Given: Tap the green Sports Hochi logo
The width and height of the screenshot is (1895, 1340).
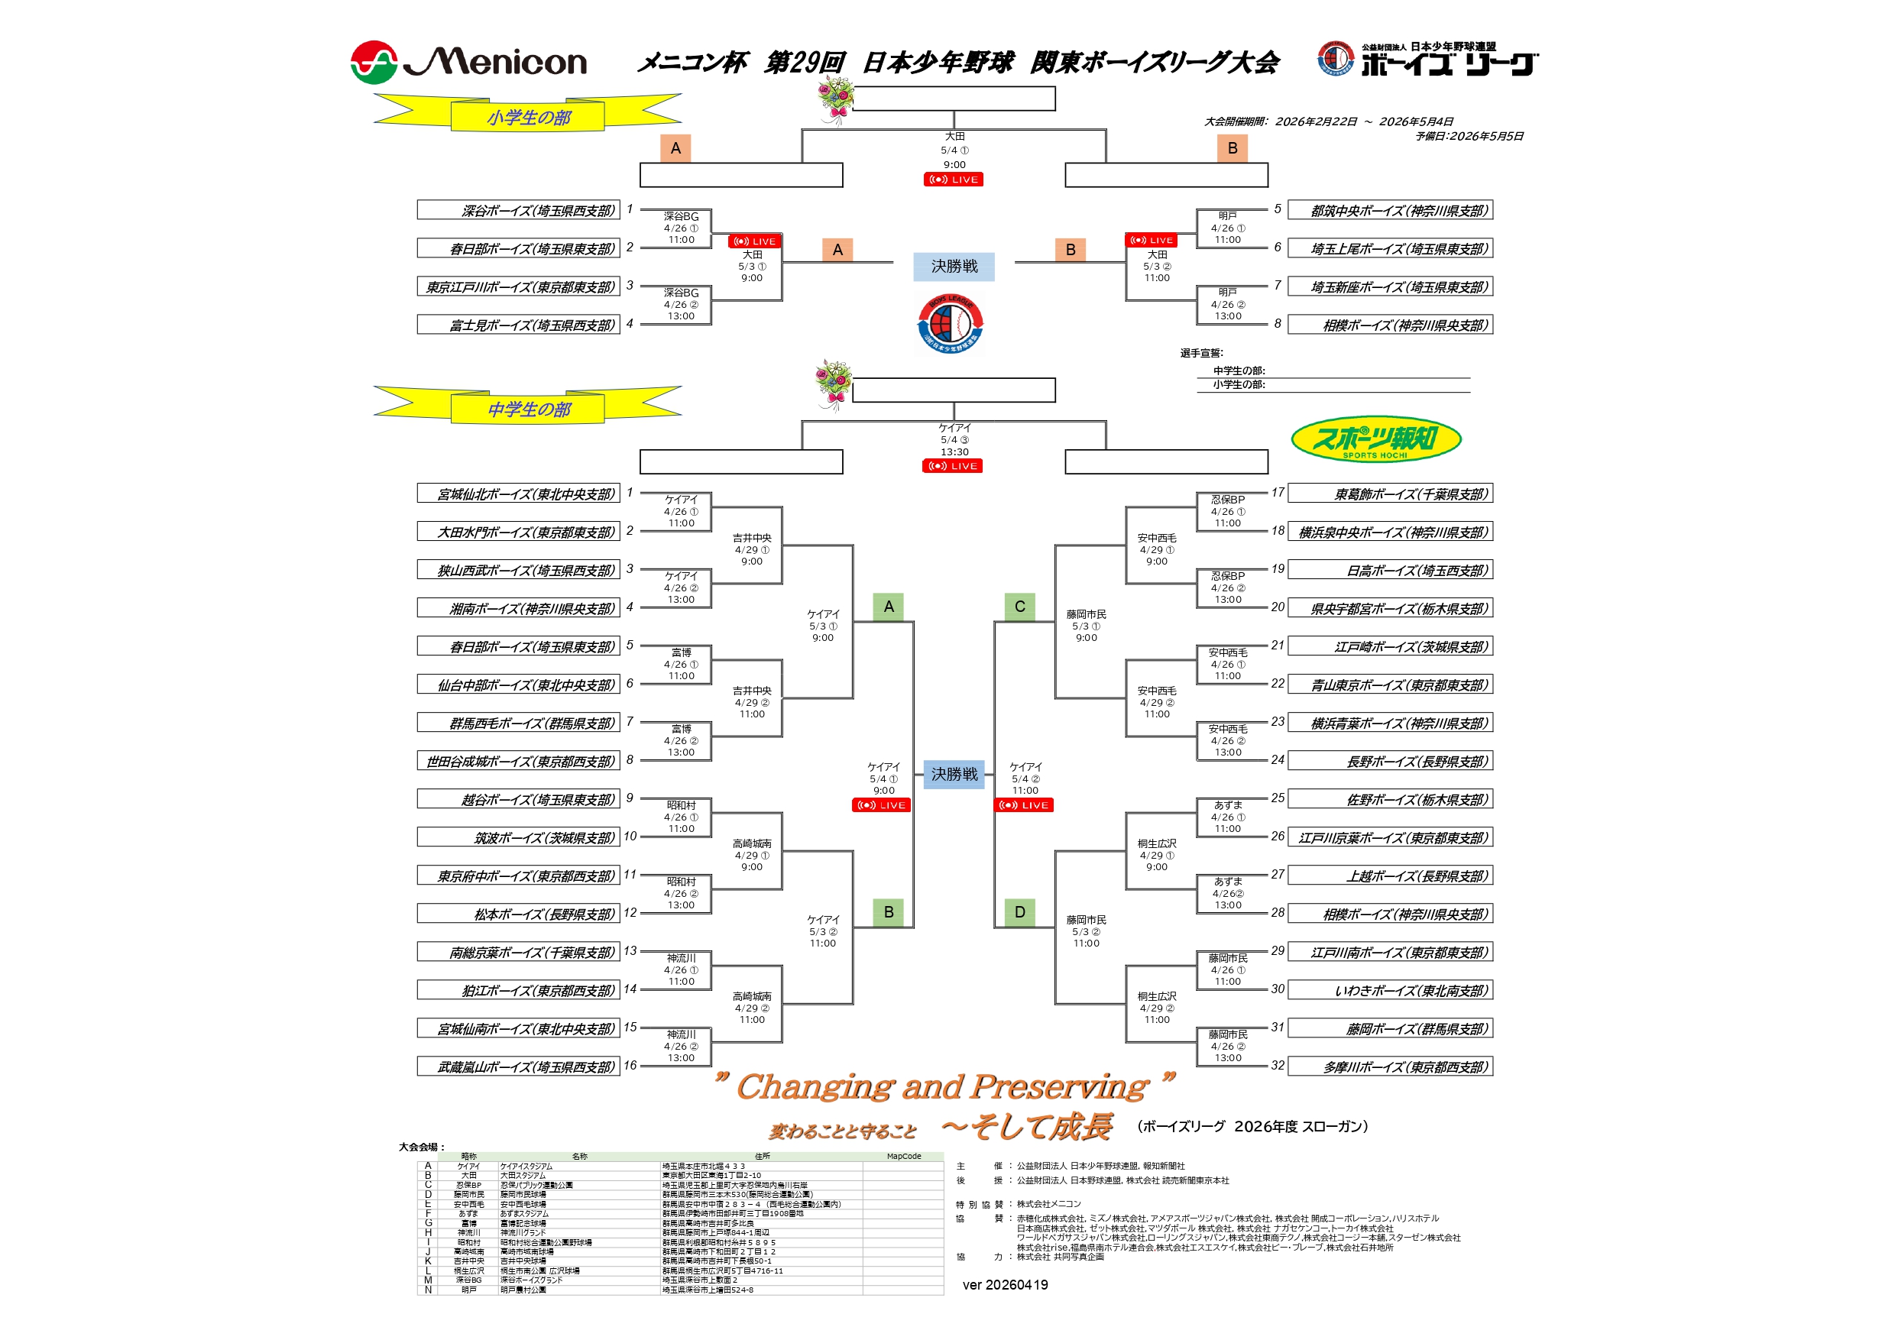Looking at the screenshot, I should [x=1376, y=439].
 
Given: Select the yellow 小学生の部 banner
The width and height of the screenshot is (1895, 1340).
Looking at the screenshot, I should [x=528, y=116].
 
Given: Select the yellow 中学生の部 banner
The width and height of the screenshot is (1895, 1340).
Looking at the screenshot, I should [x=528, y=409].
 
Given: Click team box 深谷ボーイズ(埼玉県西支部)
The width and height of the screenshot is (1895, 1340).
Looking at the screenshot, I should [x=518, y=210].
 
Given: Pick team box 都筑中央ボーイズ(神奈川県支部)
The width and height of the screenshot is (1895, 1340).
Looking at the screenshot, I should [x=1390, y=210].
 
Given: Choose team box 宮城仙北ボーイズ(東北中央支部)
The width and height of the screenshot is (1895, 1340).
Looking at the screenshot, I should [x=518, y=494].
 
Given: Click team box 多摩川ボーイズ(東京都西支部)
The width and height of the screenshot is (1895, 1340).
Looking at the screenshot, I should [x=1390, y=1067].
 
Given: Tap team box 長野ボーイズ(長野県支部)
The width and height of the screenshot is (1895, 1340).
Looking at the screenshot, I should [x=1390, y=761].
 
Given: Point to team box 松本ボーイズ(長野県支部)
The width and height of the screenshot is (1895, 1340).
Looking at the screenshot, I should [x=518, y=914].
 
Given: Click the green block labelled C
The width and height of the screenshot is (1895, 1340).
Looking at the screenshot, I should [x=1019, y=607].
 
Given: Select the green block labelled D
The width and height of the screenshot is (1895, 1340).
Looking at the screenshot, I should [x=1019, y=911].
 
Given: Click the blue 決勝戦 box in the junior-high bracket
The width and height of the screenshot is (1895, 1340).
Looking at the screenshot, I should [x=954, y=774].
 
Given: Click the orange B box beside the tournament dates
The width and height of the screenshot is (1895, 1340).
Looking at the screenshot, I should [x=1233, y=148].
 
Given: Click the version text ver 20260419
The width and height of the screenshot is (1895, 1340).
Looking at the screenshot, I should [x=1005, y=1285].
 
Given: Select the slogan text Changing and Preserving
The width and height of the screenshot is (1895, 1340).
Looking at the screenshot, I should [x=943, y=1086].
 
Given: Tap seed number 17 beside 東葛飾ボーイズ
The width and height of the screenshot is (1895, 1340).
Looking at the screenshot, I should [x=1278, y=493].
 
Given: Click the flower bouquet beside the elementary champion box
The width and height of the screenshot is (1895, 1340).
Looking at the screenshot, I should [x=834, y=99].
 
